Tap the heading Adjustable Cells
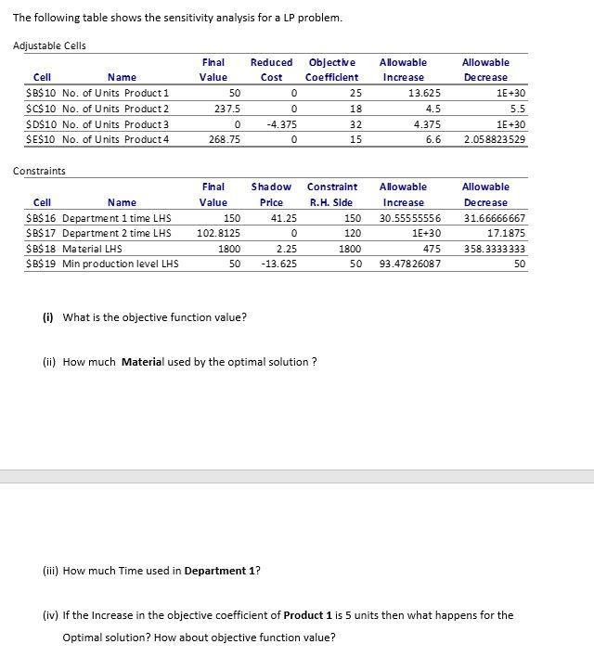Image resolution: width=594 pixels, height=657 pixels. pos(48,45)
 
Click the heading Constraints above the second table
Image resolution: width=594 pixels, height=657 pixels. pos(39,171)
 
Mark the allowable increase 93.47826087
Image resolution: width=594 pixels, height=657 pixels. pos(410,264)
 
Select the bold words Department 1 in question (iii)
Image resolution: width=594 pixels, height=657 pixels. pos(220,571)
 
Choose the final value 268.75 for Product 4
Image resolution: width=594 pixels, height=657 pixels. pos(226,138)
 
